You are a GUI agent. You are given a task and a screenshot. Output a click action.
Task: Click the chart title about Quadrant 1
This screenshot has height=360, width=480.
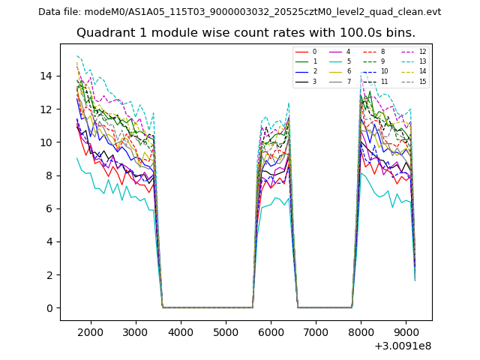tap(245, 33)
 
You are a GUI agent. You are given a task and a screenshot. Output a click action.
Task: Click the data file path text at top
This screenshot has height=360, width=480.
tap(239, 12)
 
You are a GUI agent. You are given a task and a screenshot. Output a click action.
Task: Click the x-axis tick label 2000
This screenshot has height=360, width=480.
tap(91, 332)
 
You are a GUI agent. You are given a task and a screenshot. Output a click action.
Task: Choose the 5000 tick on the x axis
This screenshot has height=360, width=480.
tap(226, 332)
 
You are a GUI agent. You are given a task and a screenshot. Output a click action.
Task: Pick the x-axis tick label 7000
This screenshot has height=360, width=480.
tap(316, 332)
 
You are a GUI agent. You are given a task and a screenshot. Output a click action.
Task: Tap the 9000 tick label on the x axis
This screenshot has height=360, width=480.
tap(406, 332)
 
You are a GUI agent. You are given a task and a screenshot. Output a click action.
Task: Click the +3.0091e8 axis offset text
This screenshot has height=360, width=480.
tap(401, 346)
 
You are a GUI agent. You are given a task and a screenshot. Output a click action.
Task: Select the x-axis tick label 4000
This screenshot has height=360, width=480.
tap(181, 332)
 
